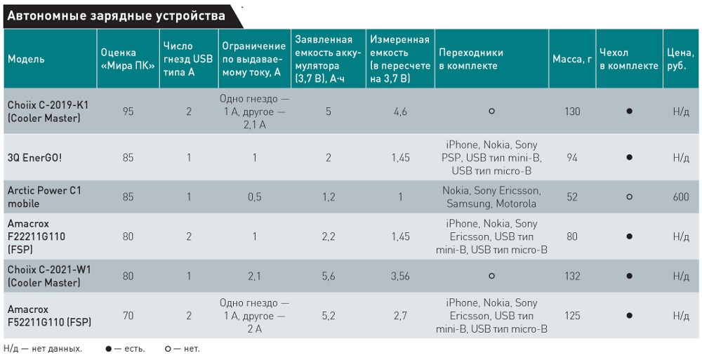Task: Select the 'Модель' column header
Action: [x=26, y=59]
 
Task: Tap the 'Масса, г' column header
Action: [x=571, y=59]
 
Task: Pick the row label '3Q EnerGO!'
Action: [x=34, y=158]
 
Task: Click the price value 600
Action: [x=680, y=197]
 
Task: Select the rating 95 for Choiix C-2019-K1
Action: [x=128, y=112]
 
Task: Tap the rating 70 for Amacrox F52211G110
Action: [x=128, y=316]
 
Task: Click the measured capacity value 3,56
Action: [x=400, y=276]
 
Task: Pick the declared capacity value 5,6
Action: [x=328, y=276]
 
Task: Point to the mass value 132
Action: [x=572, y=276]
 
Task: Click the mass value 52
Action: [x=572, y=197]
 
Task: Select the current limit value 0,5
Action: [x=254, y=197]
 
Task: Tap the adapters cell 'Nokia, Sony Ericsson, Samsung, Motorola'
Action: [x=491, y=197]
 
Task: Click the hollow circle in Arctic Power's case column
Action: [x=630, y=197]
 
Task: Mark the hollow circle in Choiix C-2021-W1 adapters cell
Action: [x=491, y=276]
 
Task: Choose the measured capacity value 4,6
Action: [x=400, y=112]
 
